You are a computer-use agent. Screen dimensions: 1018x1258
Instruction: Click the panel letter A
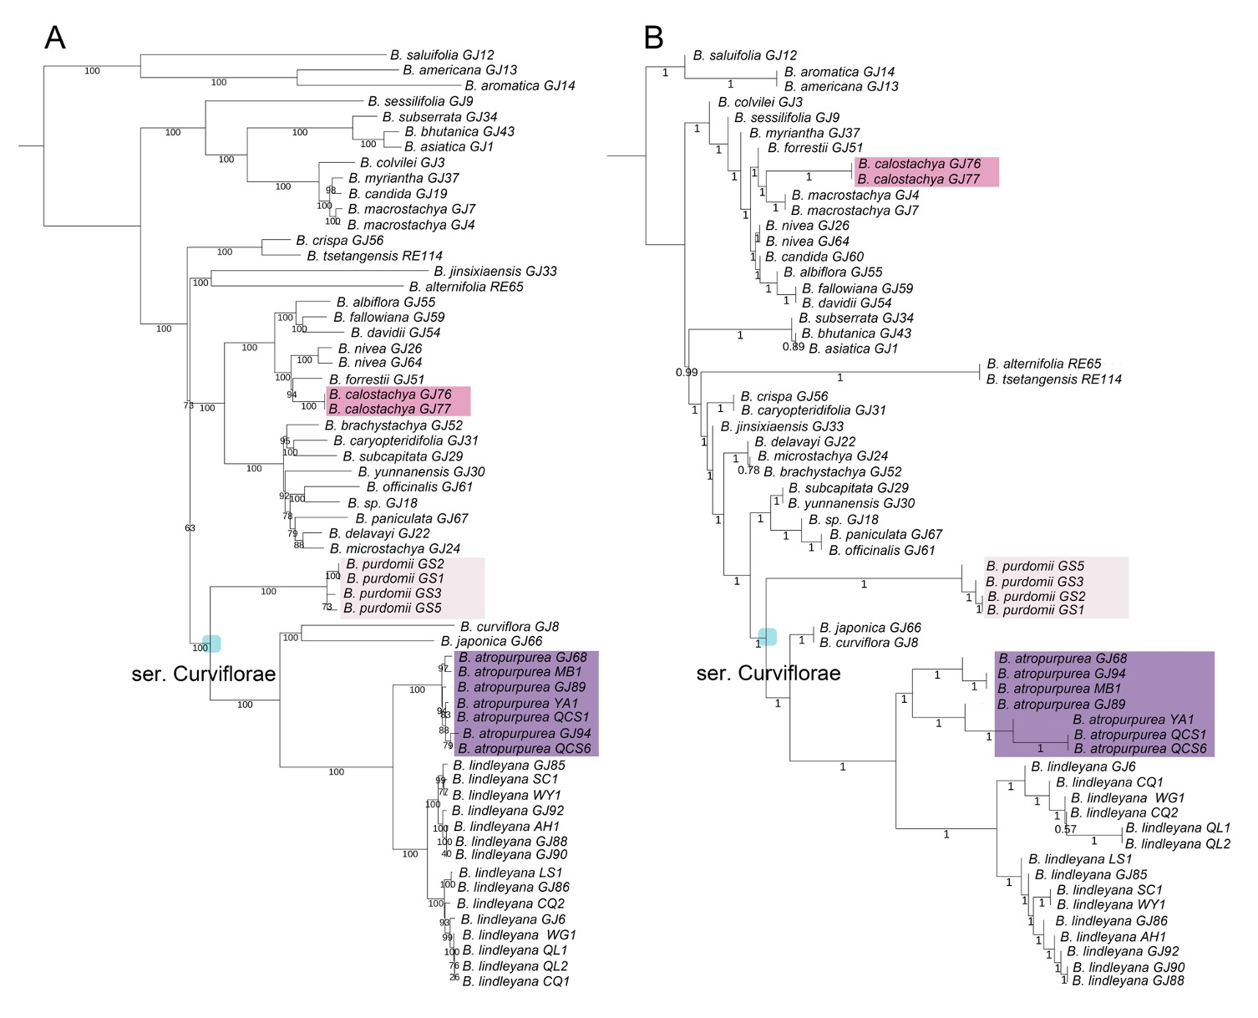(54, 38)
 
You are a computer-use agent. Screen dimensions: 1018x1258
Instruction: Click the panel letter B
(653, 38)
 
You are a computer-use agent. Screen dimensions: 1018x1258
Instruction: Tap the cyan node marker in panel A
(212, 644)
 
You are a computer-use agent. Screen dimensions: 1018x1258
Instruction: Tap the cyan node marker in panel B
(767, 637)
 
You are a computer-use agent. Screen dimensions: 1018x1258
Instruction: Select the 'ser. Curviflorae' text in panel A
(203, 674)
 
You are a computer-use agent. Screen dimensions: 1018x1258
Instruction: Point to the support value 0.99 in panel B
(687, 372)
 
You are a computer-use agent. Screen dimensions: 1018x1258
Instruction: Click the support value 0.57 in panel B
(1065, 829)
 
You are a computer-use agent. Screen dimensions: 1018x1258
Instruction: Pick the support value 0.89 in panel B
(794, 347)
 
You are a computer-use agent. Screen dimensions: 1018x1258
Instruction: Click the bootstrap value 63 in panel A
(190, 528)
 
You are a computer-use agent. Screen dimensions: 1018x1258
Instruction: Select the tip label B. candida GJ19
(398, 194)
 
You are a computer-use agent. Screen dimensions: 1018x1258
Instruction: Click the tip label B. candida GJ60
(814, 257)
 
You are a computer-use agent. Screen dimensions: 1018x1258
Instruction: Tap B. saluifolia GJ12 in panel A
(442, 55)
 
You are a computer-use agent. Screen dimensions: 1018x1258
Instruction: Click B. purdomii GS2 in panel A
(395, 564)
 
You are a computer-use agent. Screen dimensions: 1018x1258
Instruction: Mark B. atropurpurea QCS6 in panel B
(1140, 749)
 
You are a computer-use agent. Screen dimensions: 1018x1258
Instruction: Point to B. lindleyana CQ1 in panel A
(515, 981)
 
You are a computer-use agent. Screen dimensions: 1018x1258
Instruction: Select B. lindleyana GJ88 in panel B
(1128, 980)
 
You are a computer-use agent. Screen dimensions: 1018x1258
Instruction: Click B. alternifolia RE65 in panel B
(1043, 364)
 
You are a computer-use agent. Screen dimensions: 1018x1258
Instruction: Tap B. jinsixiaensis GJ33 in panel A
(495, 271)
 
